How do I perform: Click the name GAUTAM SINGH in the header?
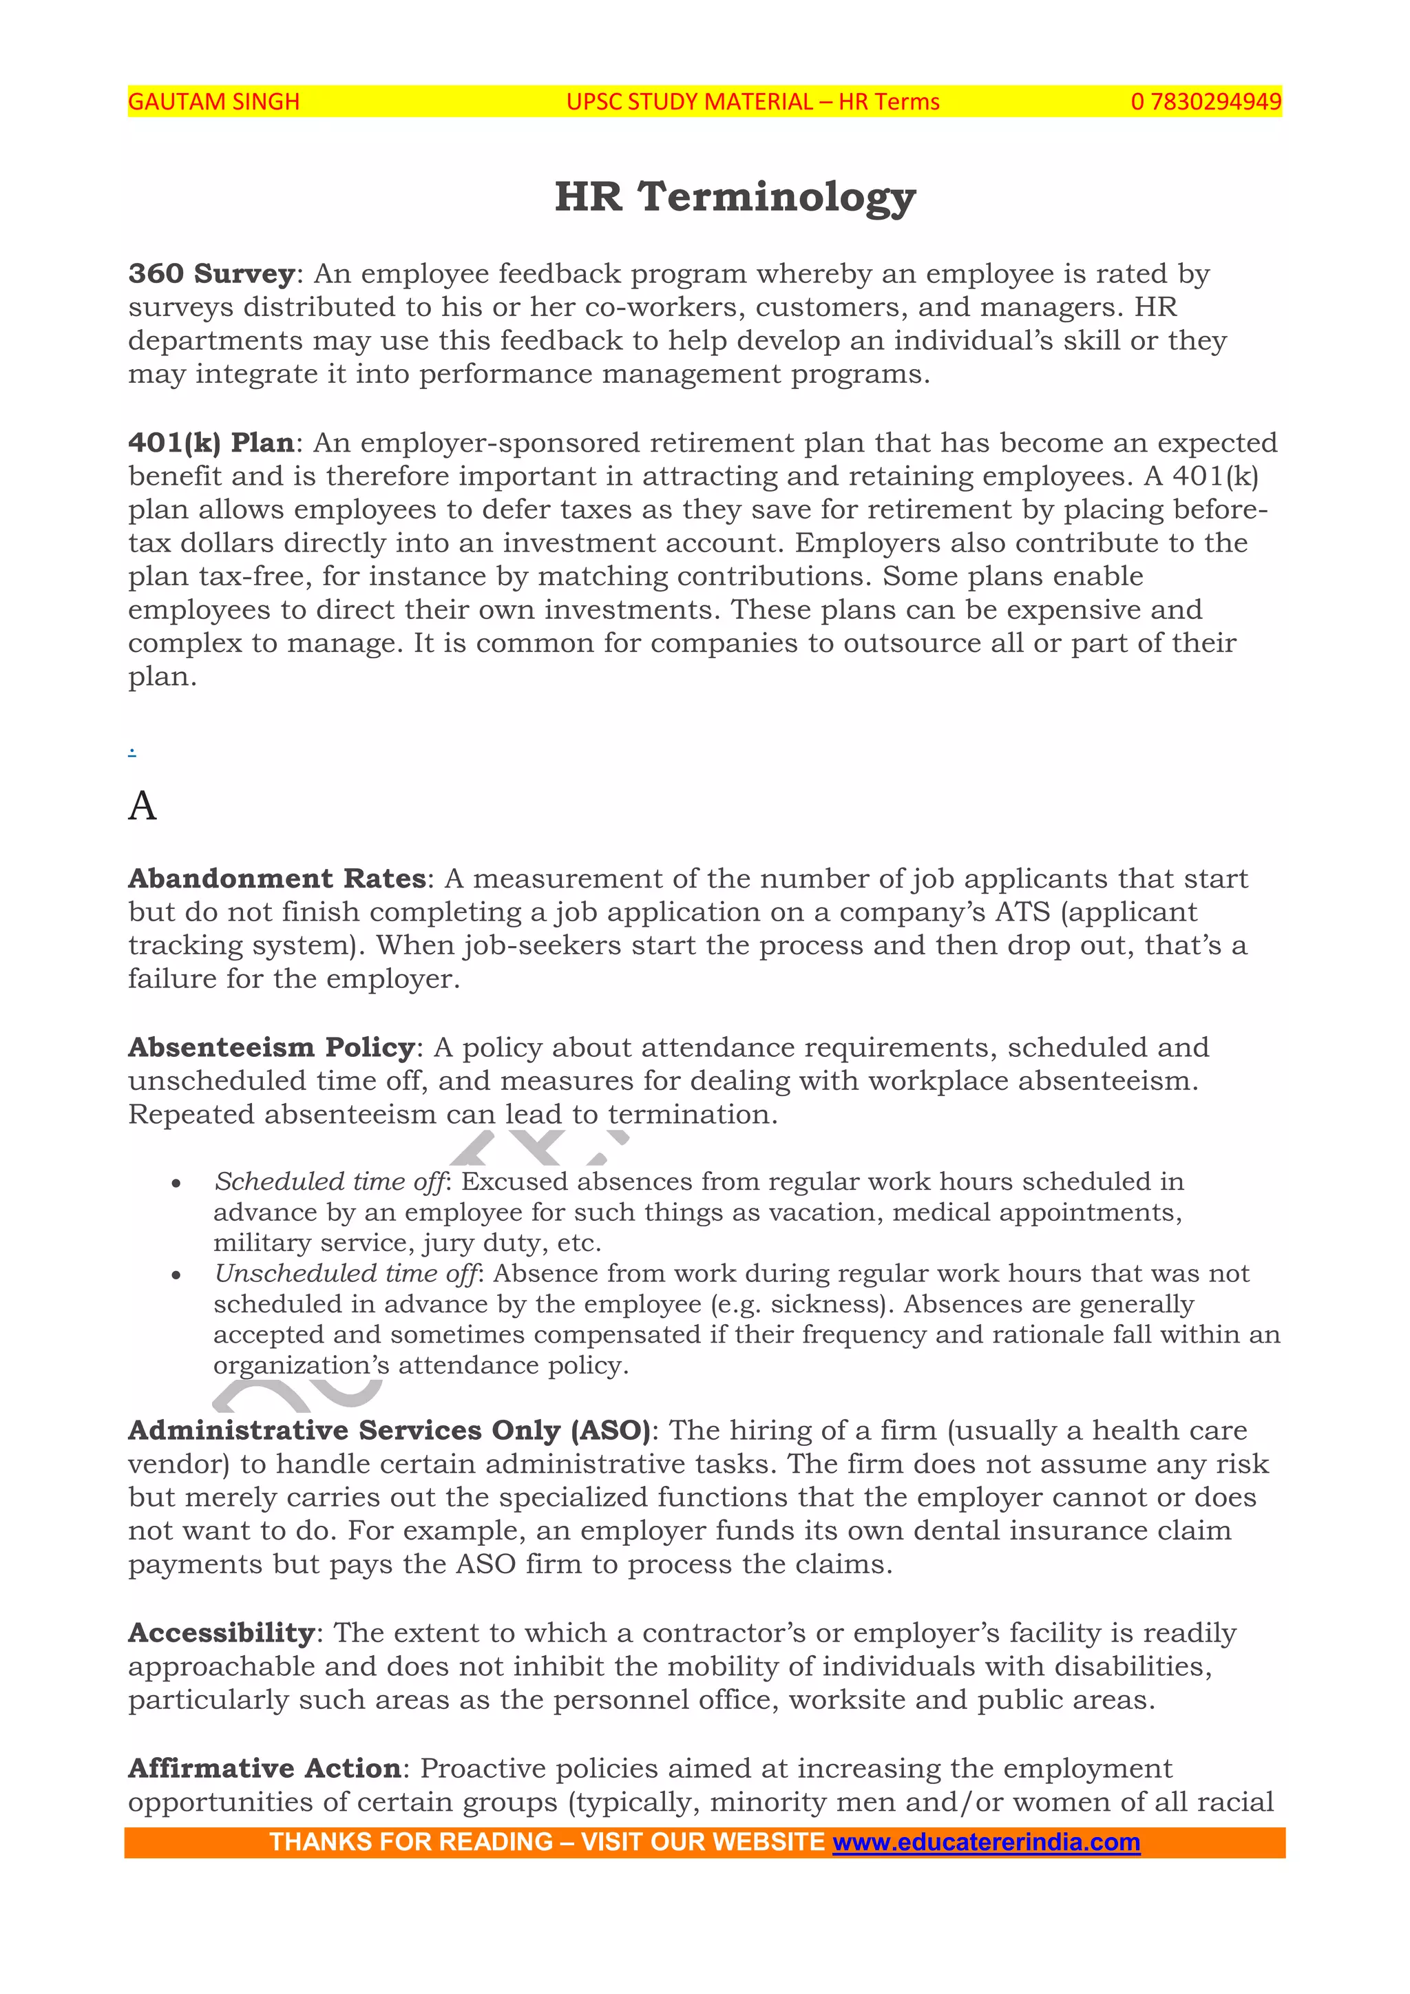(x=213, y=102)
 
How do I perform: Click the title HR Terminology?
(x=735, y=196)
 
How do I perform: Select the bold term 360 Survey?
(x=212, y=273)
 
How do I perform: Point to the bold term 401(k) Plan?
(x=211, y=443)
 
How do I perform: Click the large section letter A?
(x=143, y=806)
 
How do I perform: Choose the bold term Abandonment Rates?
(x=277, y=879)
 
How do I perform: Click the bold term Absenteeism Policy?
(x=271, y=1047)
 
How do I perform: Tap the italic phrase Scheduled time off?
(x=329, y=1182)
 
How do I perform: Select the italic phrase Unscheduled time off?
(x=346, y=1274)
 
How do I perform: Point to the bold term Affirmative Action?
(x=264, y=1768)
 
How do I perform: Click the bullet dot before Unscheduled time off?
(x=176, y=1276)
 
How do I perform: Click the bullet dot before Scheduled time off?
(x=176, y=1184)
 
